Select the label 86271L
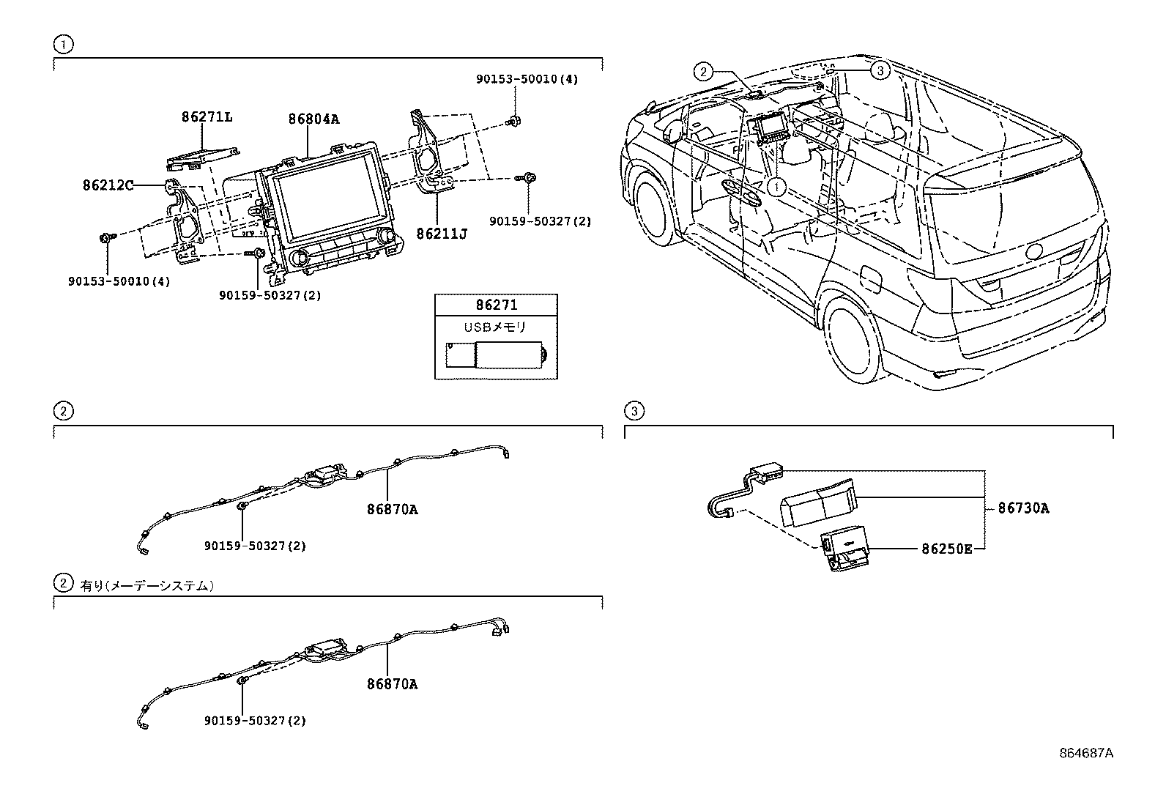click(x=207, y=116)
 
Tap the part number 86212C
click(x=108, y=186)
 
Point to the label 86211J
click(x=442, y=234)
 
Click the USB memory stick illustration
click(x=497, y=355)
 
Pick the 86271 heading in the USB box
click(x=497, y=305)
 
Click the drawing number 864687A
click(x=1085, y=753)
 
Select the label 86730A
click(x=1023, y=508)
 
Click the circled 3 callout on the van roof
click(x=880, y=70)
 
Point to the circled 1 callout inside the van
click(x=776, y=188)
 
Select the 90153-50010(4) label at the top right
click(x=527, y=78)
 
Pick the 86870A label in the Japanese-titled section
click(x=393, y=684)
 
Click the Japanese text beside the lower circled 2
click(x=147, y=585)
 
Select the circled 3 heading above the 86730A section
click(x=634, y=411)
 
